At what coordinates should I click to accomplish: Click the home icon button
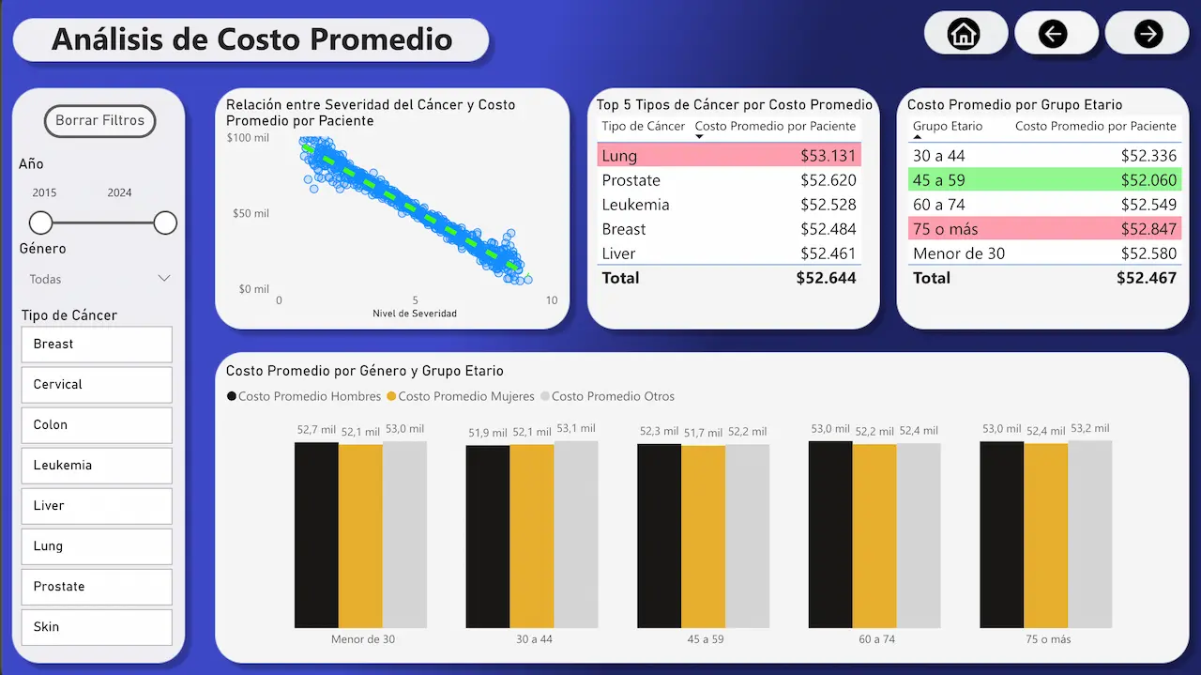[965, 34]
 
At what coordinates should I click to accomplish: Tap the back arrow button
[1054, 34]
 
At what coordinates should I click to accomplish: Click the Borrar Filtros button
[99, 121]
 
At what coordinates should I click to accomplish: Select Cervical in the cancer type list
[97, 384]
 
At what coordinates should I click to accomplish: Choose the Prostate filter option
[97, 586]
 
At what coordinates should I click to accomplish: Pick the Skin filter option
[97, 626]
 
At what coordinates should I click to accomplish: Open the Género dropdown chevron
[164, 279]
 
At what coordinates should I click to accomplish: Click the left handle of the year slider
[40, 222]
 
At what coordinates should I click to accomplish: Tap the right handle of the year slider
[165, 222]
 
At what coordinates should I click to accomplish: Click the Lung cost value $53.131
[828, 156]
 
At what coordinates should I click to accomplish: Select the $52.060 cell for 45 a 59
[1148, 180]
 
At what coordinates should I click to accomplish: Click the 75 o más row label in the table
[945, 229]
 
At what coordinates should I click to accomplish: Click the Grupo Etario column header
[948, 126]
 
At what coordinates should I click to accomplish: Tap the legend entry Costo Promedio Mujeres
[465, 396]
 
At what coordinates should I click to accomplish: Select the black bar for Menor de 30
[316, 534]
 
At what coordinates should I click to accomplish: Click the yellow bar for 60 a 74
[874, 535]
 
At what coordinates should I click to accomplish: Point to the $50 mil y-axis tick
[251, 213]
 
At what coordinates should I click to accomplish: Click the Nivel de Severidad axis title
[415, 314]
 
